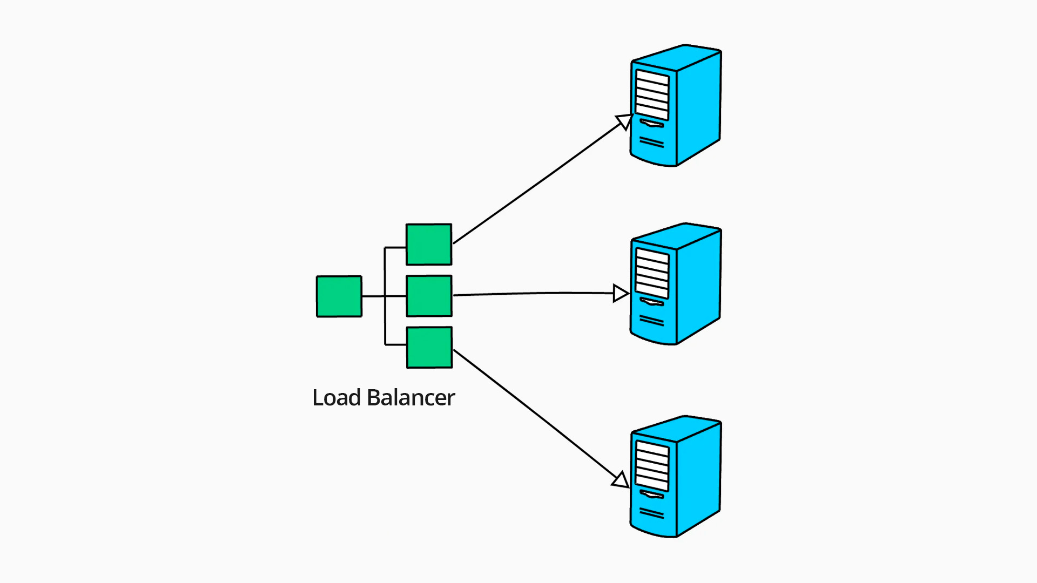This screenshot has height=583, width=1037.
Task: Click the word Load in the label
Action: (336, 398)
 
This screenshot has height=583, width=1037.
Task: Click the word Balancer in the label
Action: (411, 398)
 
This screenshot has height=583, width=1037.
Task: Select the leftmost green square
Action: (339, 296)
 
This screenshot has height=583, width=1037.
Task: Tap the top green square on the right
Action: (429, 245)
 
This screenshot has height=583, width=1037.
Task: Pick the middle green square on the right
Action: (429, 296)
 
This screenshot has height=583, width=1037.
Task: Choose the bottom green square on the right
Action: (429, 348)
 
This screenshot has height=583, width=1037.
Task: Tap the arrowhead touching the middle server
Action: (621, 294)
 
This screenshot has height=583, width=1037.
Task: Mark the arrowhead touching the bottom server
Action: (621, 480)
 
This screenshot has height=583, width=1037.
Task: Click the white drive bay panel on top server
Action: (652, 94)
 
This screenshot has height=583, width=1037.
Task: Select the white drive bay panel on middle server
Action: (652, 273)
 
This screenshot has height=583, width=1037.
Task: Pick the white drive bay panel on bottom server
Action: (652, 465)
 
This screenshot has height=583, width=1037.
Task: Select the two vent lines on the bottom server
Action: (651, 513)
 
